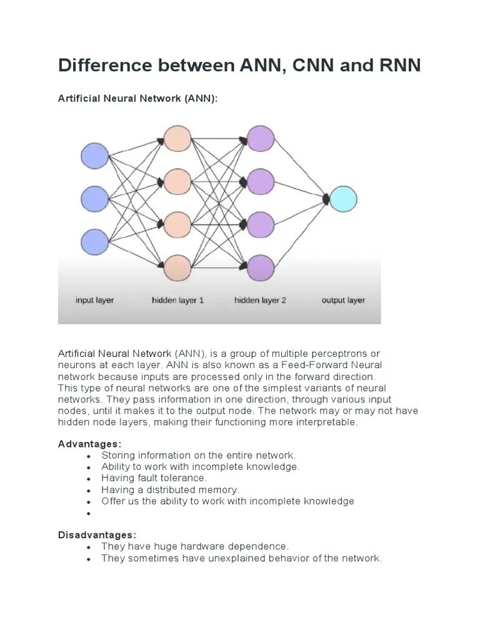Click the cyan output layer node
tap(343, 199)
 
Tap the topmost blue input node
tap(95, 156)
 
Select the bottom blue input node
tap(95, 241)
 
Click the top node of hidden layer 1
tap(177, 139)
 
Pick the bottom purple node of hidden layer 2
tap(261, 267)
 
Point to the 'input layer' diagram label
tap(95, 300)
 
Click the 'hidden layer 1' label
tap(177, 300)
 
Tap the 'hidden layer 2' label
tap(260, 300)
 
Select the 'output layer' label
tap(343, 300)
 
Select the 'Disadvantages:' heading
tap(96, 535)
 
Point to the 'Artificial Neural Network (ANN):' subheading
tap(138, 99)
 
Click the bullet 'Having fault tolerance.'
tap(154, 478)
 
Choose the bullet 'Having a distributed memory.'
tap(170, 490)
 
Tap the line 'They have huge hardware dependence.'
tap(195, 546)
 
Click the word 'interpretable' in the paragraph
tap(327, 422)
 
